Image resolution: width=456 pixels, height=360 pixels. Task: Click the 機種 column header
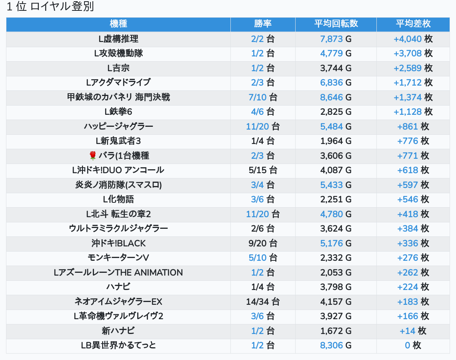tap(118, 24)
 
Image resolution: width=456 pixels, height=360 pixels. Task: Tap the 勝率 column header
tap(263, 24)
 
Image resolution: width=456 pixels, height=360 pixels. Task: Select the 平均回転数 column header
tap(336, 24)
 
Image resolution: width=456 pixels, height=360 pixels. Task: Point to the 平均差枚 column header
tap(413, 24)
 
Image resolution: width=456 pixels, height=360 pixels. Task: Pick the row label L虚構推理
tap(118, 39)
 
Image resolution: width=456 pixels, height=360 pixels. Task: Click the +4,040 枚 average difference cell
tap(413, 39)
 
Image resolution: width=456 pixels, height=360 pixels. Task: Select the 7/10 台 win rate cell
tap(263, 97)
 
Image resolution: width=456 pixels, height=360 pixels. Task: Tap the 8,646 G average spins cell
tap(336, 97)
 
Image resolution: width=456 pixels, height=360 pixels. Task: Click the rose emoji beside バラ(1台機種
tap(93, 156)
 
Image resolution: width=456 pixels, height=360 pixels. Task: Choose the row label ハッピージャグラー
tap(118, 126)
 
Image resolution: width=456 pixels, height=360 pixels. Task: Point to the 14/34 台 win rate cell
tap(263, 302)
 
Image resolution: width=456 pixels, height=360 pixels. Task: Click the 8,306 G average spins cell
tap(336, 345)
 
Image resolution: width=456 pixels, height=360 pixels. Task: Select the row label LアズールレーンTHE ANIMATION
tap(118, 272)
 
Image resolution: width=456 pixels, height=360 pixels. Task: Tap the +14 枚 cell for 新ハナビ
tap(413, 331)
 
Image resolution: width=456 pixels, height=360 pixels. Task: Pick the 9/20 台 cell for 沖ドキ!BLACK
tap(263, 243)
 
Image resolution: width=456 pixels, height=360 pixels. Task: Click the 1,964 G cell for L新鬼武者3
tap(336, 141)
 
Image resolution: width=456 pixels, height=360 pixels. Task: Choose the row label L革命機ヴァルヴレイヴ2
tap(118, 316)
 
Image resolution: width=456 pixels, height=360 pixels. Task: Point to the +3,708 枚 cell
tap(413, 53)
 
